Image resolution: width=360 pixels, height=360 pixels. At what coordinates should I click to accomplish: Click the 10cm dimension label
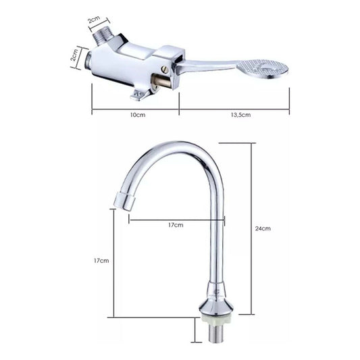click(x=138, y=115)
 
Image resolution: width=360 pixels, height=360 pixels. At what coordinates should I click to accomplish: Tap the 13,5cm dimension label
click(x=240, y=115)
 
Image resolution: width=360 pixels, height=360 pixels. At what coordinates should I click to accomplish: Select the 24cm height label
click(x=263, y=228)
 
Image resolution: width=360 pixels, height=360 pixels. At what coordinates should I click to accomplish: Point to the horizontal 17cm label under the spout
click(x=176, y=225)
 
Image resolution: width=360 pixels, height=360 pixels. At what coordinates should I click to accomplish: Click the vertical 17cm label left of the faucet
click(x=101, y=261)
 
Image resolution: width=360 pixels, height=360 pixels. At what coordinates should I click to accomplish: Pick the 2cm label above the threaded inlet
click(x=94, y=20)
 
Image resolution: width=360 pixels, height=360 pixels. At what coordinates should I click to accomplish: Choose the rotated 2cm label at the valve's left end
click(x=75, y=55)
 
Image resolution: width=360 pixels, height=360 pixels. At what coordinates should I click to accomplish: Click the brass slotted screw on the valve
click(x=165, y=70)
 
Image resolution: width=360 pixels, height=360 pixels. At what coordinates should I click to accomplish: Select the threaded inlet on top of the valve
click(x=103, y=38)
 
